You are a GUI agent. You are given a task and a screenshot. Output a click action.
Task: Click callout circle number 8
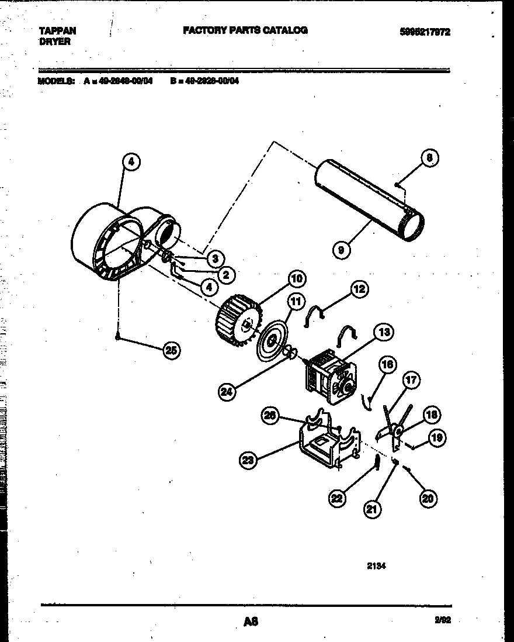pos(429,158)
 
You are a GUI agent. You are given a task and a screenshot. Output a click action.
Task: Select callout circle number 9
pos(341,250)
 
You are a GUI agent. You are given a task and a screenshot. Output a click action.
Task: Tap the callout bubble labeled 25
pos(171,350)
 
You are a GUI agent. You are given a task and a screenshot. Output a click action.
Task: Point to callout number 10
pos(296,279)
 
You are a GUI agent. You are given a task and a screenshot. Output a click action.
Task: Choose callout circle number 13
pos(383,333)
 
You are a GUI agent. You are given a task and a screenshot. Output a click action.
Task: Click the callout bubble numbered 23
pos(248,460)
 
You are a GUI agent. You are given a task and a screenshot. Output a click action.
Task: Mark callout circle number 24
pos(228,392)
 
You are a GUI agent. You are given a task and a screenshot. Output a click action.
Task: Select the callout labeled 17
pos(411,381)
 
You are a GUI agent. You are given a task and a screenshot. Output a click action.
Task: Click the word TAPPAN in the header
pos(57,31)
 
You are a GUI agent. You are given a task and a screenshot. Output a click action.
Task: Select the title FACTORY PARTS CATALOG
pos(245,30)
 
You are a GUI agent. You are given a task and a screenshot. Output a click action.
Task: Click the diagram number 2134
pos(377,565)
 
